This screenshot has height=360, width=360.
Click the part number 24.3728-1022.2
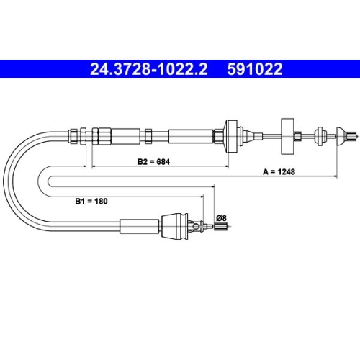point(148,69)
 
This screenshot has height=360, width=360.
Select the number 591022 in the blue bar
point(255,69)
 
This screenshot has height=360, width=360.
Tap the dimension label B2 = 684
point(153,161)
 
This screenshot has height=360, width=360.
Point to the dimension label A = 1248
point(279,171)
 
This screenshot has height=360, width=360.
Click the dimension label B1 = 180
point(91,201)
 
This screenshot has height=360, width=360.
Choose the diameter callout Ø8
point(221,218)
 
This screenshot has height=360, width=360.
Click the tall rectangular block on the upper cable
point(288,136)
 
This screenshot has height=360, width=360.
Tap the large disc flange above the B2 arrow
point(230,136)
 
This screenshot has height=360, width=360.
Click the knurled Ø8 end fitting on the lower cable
point(221,226)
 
